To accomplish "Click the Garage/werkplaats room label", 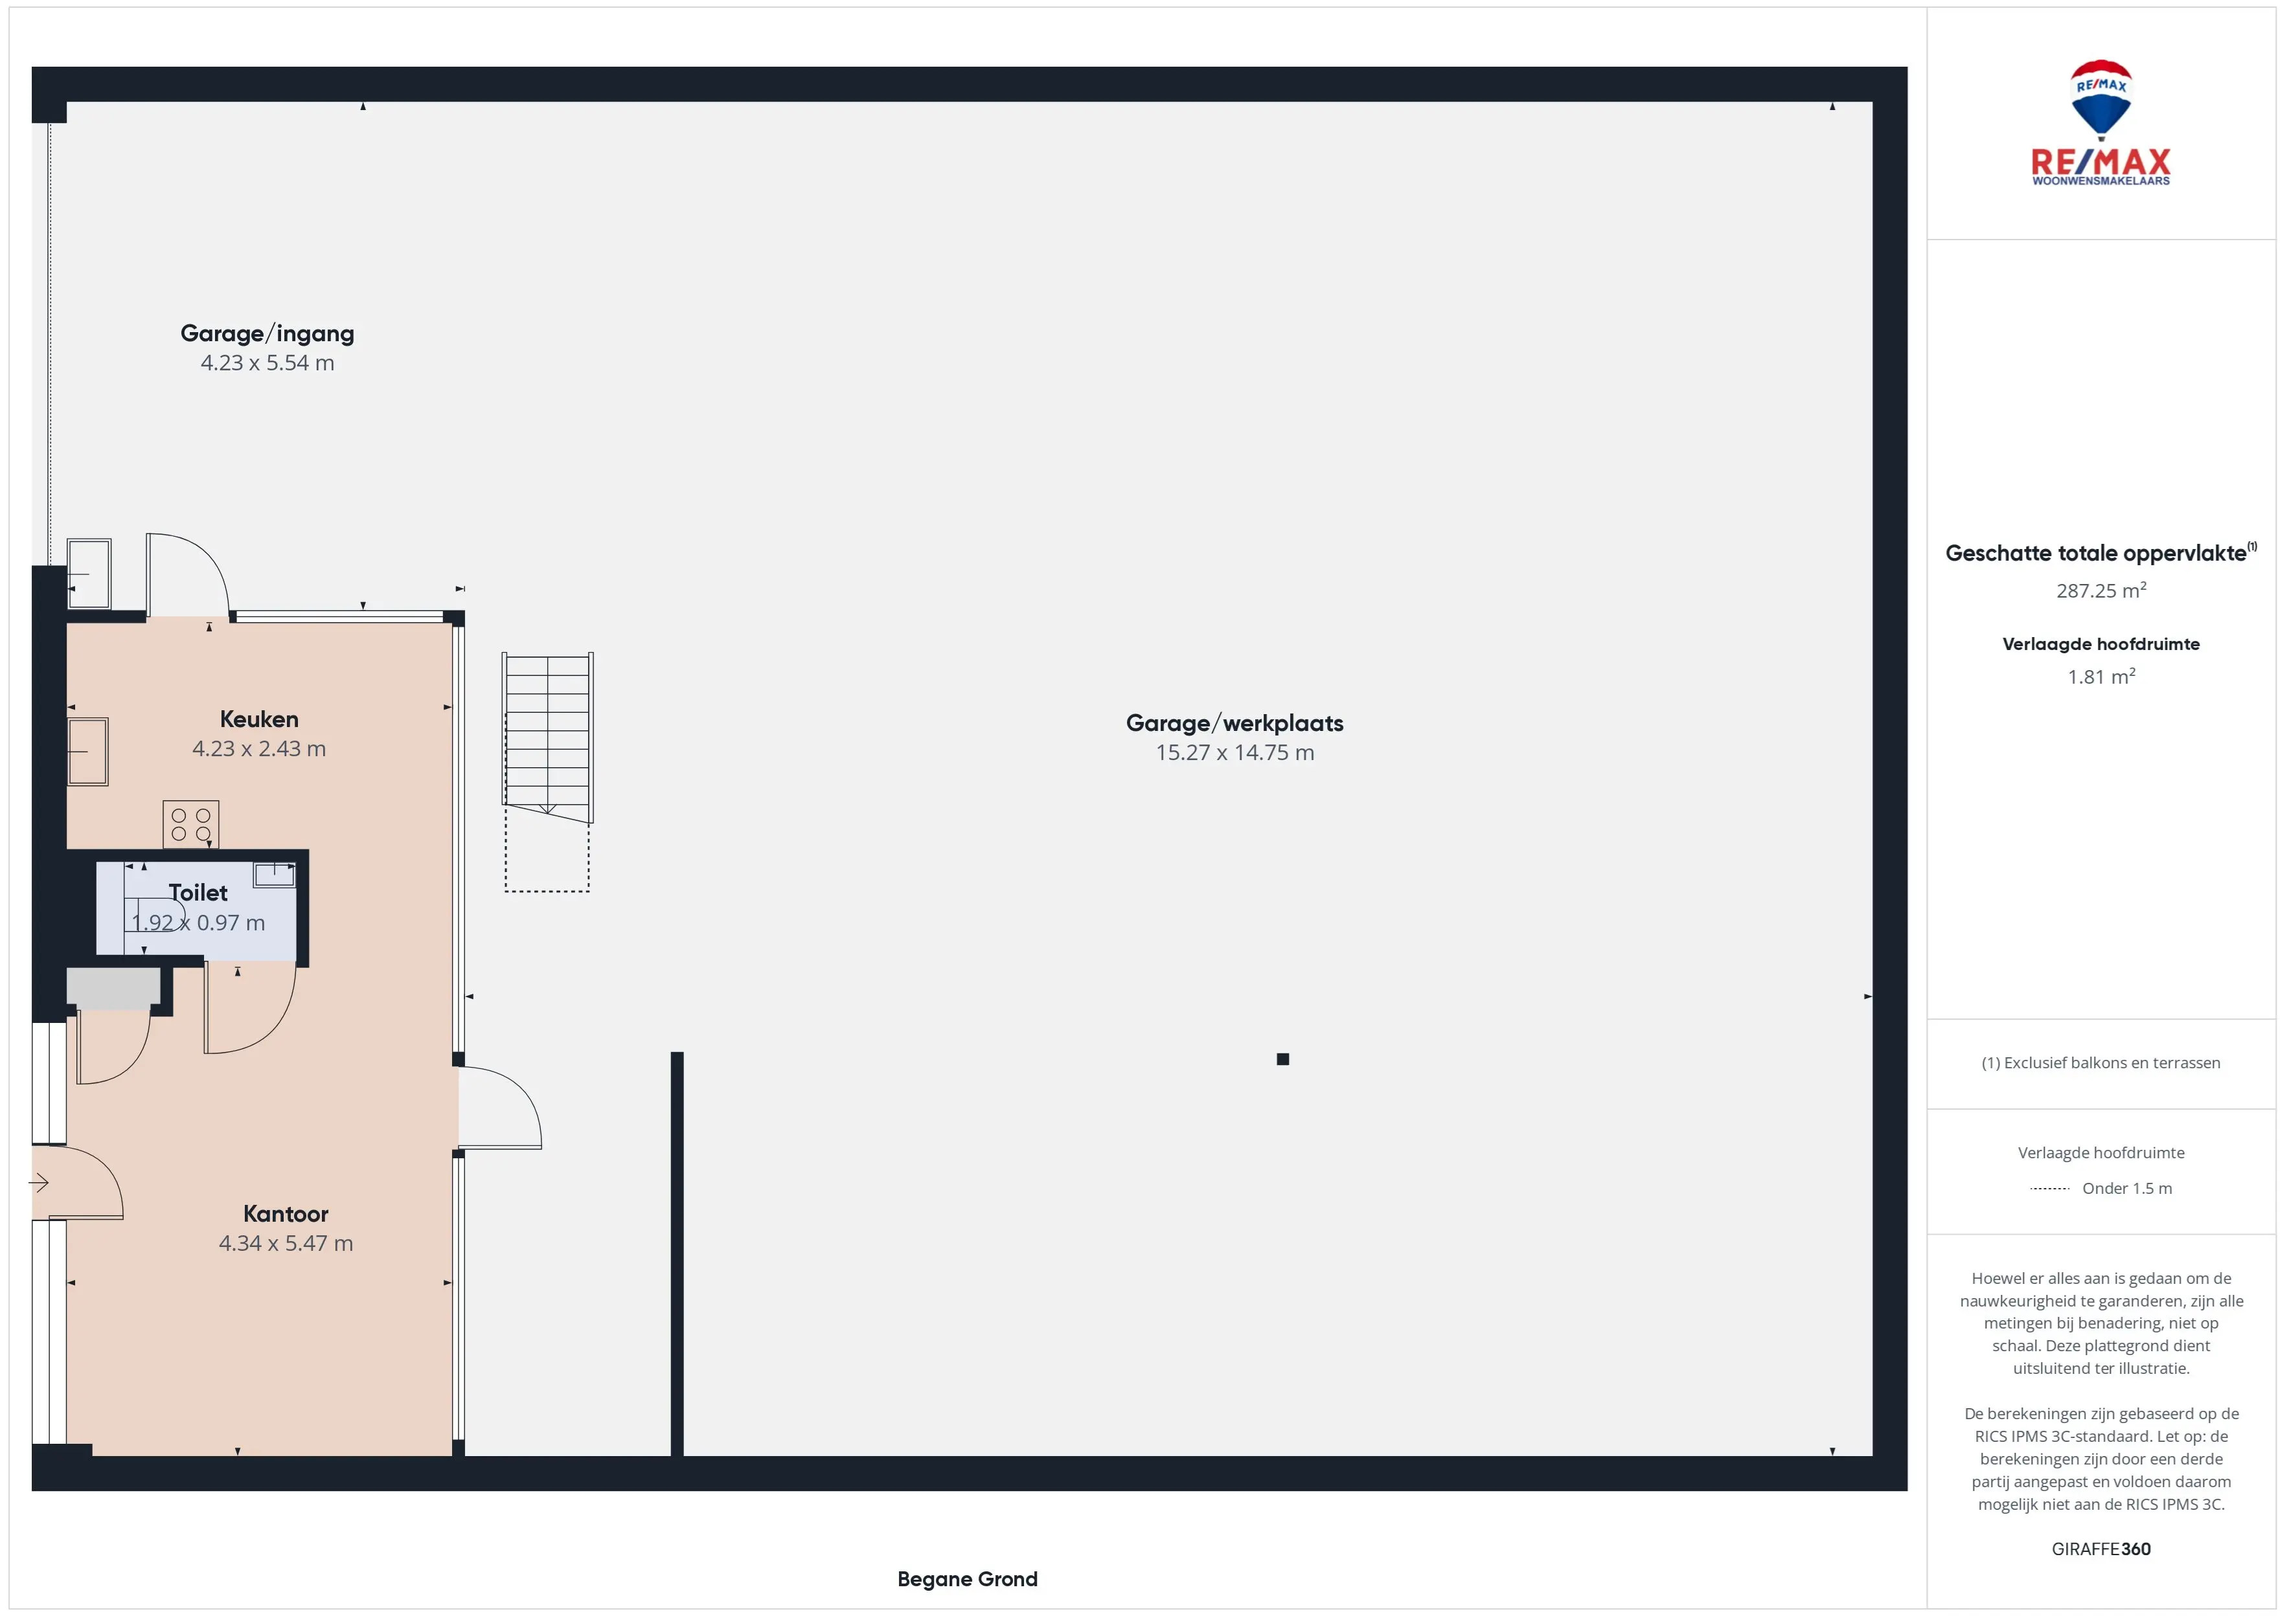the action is [1234, 723].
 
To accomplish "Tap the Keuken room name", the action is [259, 719].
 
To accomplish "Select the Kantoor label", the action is [286, 1214].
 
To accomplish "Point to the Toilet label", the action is [198, 893].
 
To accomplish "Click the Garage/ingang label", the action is [267, 333].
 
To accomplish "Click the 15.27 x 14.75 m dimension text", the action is [1234, 753].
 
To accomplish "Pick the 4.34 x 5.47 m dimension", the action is [286, 1244].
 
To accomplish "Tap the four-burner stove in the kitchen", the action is [191, 824].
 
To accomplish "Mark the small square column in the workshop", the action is [1283, 1059].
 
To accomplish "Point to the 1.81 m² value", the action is [2101, 677].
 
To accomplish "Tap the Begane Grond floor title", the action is [968, 1579].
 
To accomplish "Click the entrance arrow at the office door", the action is [39, 1183].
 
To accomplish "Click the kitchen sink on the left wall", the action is [87, 751].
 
